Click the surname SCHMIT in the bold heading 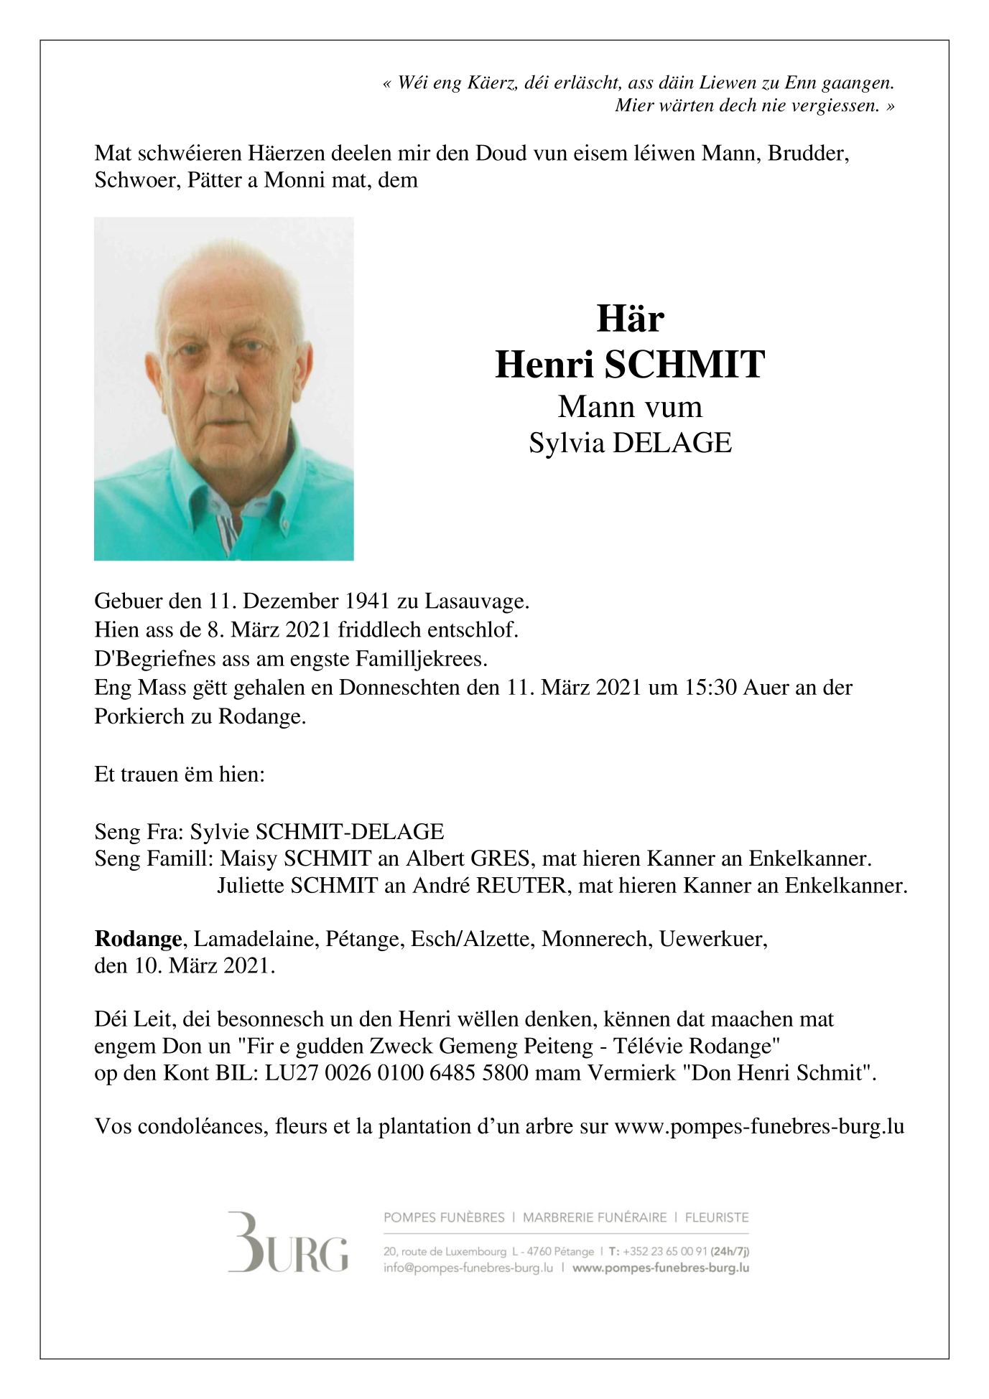(684, 365)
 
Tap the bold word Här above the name (630, 319)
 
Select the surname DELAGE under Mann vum (672, 443)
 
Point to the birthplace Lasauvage (476, 601)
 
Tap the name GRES (500, 858)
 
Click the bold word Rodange (138, 939)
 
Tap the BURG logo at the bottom (288, 1243)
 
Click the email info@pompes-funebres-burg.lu (468, 1268)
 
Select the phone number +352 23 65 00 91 (664, 1251)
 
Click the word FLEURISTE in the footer (716, 1217)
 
